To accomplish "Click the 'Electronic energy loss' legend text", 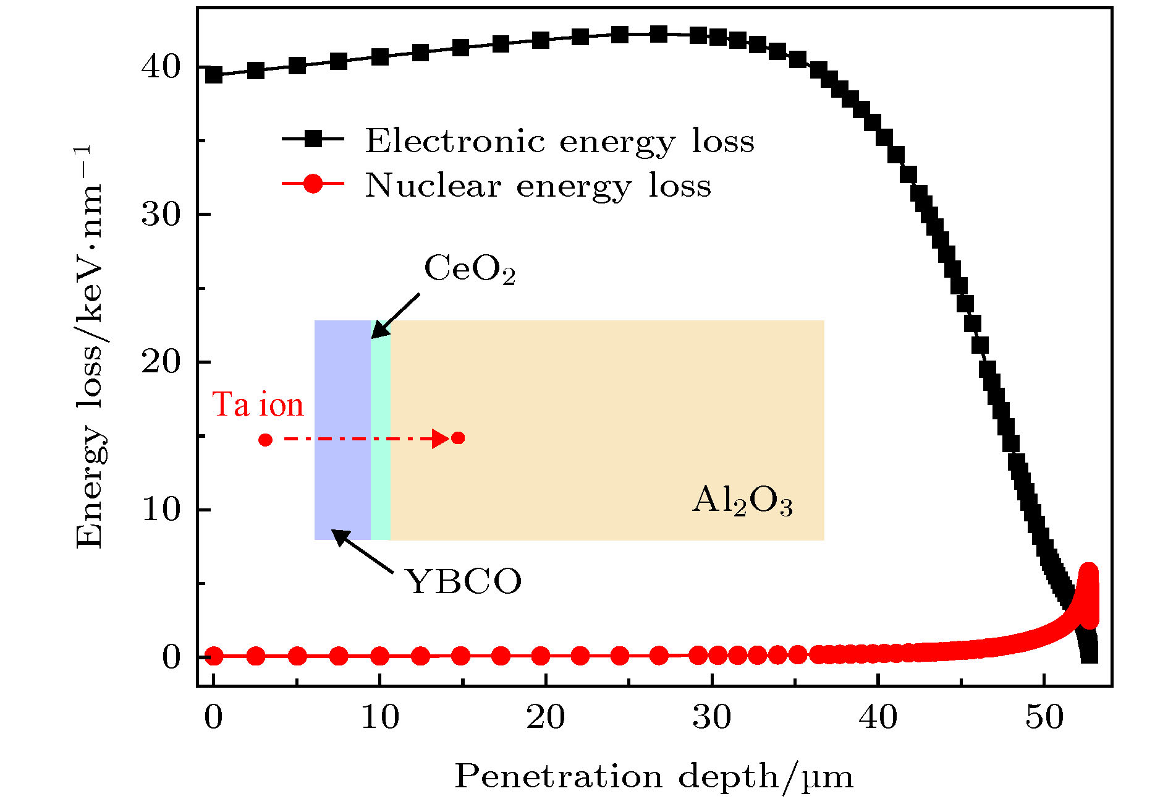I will tap(559, 141).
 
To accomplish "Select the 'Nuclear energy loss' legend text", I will tap(538, 186).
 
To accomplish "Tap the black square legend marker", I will tap(313, 139).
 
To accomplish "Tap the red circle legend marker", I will tap(313, 184).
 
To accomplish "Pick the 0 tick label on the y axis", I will tap(171, 657).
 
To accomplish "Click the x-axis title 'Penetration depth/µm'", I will tap(654, 777).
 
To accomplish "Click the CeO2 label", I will tap(470, 270).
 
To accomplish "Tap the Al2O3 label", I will tap(742, 501).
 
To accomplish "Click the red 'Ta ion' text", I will tap(258, 405).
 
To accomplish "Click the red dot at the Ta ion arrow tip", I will tap(458, 438).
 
